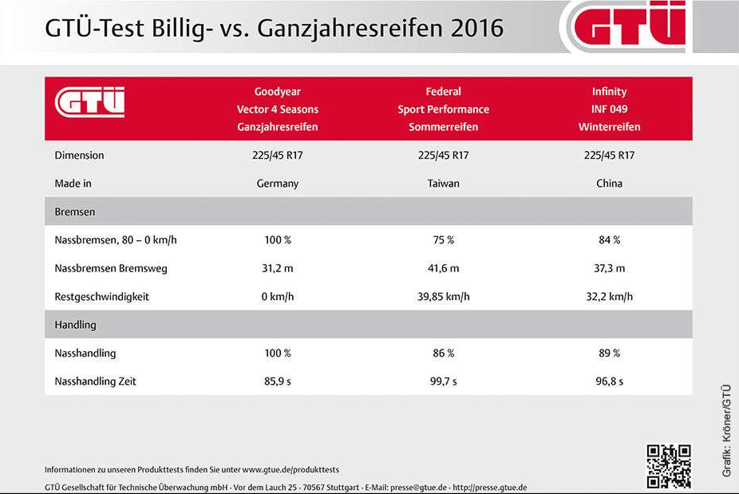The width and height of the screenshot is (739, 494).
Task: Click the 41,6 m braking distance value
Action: [443, 269]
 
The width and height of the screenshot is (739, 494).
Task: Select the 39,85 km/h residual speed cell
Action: [443, 297]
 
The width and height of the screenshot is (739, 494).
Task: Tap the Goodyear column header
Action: [278, 109]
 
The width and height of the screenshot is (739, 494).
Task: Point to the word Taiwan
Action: [443, 184]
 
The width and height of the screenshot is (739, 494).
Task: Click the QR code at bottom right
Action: [668, 466]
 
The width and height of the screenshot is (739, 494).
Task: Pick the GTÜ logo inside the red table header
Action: [90, 103]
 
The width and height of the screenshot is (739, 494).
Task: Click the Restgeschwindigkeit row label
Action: [101, 297]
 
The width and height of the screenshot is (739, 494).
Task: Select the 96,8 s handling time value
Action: [609, 381]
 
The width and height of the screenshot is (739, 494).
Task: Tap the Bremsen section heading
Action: [75, 212]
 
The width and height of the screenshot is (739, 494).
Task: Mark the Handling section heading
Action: [76, 325]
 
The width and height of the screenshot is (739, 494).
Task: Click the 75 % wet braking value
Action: [443, 240]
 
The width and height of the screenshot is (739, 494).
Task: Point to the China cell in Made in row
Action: [609, 184]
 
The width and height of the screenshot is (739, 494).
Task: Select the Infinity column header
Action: [609, 109]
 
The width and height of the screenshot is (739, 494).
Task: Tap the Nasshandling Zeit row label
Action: [95, 381]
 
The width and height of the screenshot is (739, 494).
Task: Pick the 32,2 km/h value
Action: [609, 297]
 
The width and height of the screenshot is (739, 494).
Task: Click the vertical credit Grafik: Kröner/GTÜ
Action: [726, 431]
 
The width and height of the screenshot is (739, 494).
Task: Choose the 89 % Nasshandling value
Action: [609, 354]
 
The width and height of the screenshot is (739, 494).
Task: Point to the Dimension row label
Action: [79, 156]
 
